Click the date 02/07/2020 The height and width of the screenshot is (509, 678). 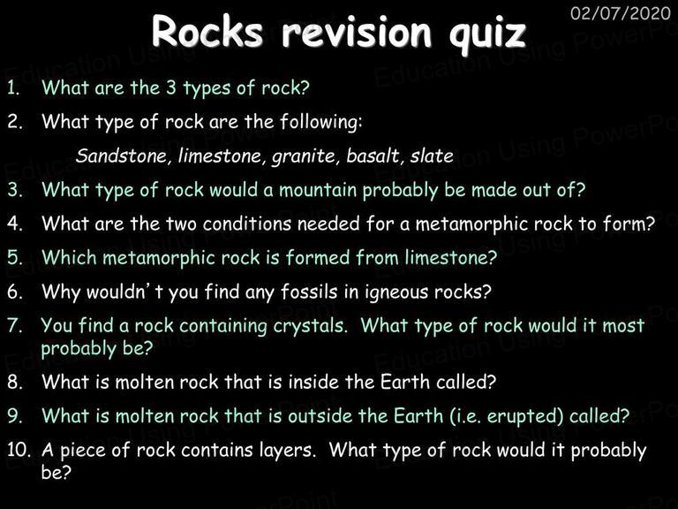pyautogui.click(x=620, y=13)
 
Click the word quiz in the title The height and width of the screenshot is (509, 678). pyautogui.click(x=487, y=34)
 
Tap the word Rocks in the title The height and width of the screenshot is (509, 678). pyautogui.click(x=207, y=32)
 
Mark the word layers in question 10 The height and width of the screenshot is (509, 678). pyautogui.click(x=287, y=451)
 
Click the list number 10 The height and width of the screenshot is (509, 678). pyautogui.click(x=19, y=450)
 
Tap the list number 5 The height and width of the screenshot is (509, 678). pyautogui.click(x=15, y=257)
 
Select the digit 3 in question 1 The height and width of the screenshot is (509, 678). pyautogui.click(x=171, y=87)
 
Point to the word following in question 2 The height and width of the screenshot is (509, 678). pyautogui.click(x=321, y=122)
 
